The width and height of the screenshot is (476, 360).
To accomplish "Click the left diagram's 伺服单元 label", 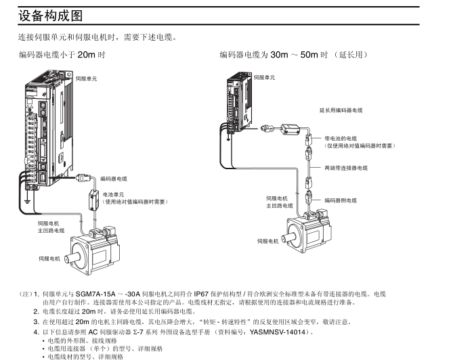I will pyautogui.click(x=85, y=78).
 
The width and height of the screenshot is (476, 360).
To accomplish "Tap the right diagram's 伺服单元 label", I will pyautogui.click(x=265, y=78).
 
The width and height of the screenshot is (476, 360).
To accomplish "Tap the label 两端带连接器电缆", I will pyautogui.click(x=345, y=167).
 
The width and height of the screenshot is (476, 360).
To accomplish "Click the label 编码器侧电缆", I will pyautogui.click(x=341, y=200).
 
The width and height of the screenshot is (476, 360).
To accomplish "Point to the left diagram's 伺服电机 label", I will pyautogui.click(x=49, y=258).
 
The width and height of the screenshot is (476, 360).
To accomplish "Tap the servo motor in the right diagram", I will pyautogui.click(x=310, y=233).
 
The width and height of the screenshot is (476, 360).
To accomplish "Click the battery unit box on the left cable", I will pyautogui.click(x=93, y=200).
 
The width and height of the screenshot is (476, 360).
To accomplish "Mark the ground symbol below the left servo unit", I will pyautogui.click(x=26, y=201).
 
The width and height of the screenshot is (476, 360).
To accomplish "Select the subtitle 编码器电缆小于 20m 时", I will pyautogui.click(x=62, y=54).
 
